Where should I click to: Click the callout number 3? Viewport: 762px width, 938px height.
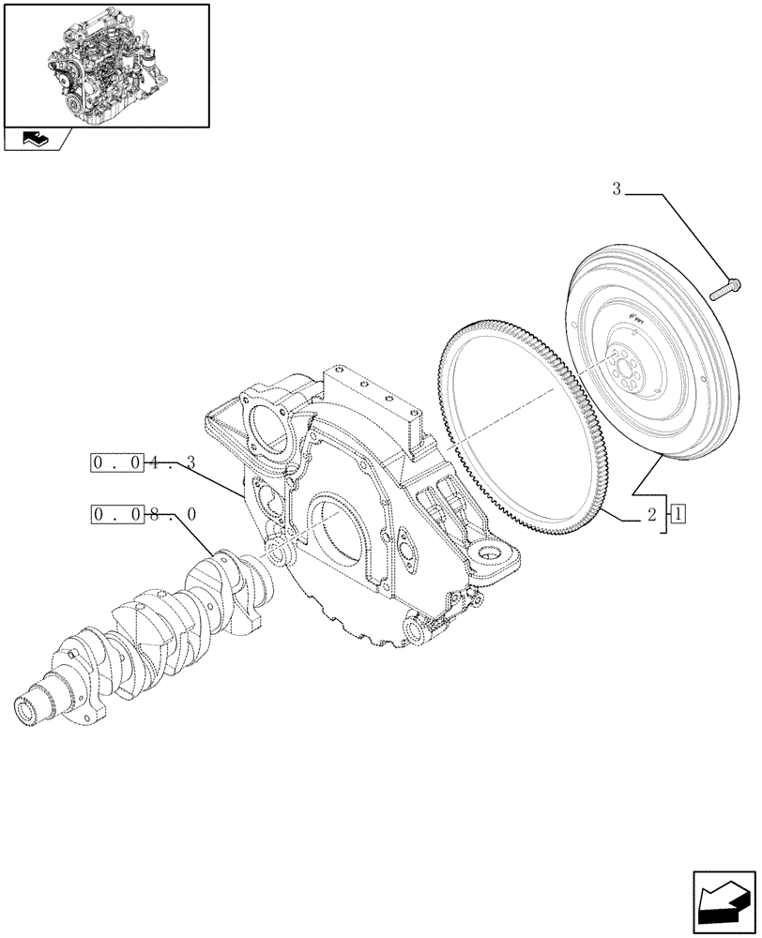coord(617,189)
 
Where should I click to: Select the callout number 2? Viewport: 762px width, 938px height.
coord(650,515)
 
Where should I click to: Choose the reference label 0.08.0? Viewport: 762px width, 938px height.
coord(144,514)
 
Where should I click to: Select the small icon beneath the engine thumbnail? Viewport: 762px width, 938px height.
coord(35,140)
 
